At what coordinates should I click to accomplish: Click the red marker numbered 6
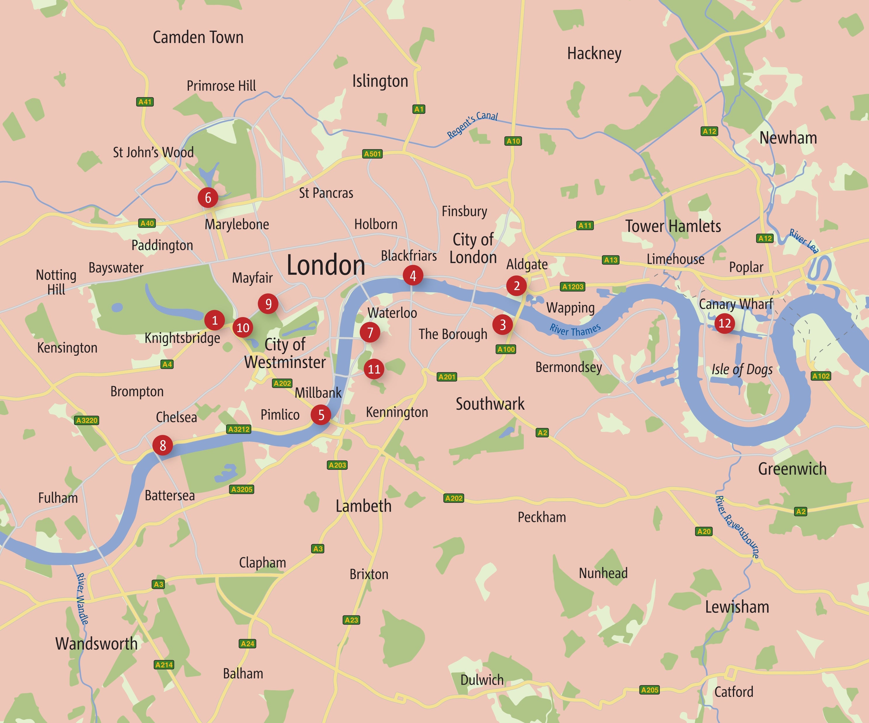(x=208, y=198)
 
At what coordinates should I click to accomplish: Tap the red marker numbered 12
(x=724, y=323)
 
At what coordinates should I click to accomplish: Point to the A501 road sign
(x=372, y=154)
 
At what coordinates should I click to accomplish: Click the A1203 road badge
(x=573, y=287)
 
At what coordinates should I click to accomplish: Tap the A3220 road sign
(x=86, y=420)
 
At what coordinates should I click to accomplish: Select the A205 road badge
(x=649, y=690)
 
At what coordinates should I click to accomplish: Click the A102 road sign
(x=821, y=376)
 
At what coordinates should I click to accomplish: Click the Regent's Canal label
(x=472, y=125)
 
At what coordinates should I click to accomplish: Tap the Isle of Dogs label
(x=742, y=369)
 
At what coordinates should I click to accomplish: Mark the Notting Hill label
(x=56, y=282)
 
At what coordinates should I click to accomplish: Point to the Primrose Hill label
(x=221, y=86)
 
